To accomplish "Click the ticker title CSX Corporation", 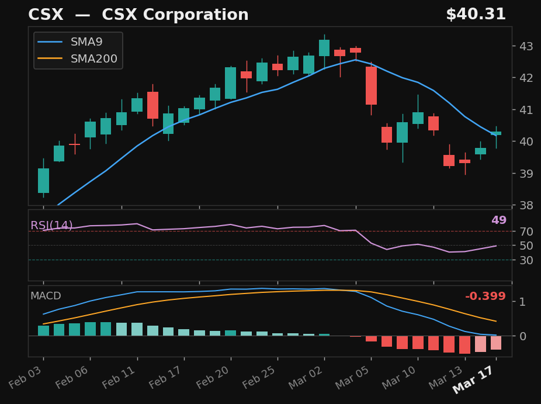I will tap(138, 15).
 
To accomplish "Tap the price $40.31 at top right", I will tap(476, 15).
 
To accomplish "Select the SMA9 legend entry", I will tap(86, 42).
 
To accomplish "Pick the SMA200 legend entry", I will tap(93, 59).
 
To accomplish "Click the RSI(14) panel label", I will tap(51, 226).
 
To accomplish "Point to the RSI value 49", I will tap(498, 220).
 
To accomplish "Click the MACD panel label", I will tap(46, 296).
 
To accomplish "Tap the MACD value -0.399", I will tap(485, 296).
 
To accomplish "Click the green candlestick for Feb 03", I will tap(43, 181).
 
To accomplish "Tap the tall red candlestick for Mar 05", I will tap(371, 85).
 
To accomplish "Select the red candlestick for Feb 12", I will tap(152, 105).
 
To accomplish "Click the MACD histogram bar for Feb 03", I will tap(43, 330).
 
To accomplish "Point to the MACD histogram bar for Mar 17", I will tap(496, 343).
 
